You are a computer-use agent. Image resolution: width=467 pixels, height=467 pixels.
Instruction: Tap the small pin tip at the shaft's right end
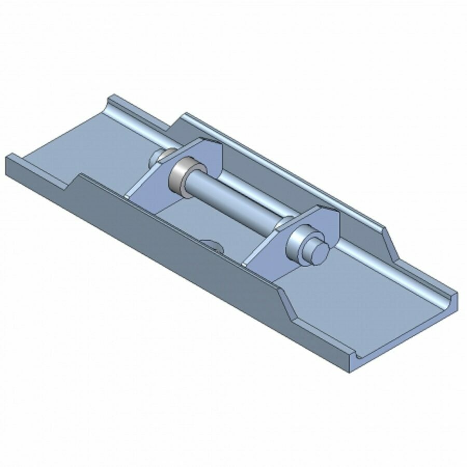[318, 251]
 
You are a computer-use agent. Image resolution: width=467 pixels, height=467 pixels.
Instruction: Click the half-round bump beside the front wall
[210, 244]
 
